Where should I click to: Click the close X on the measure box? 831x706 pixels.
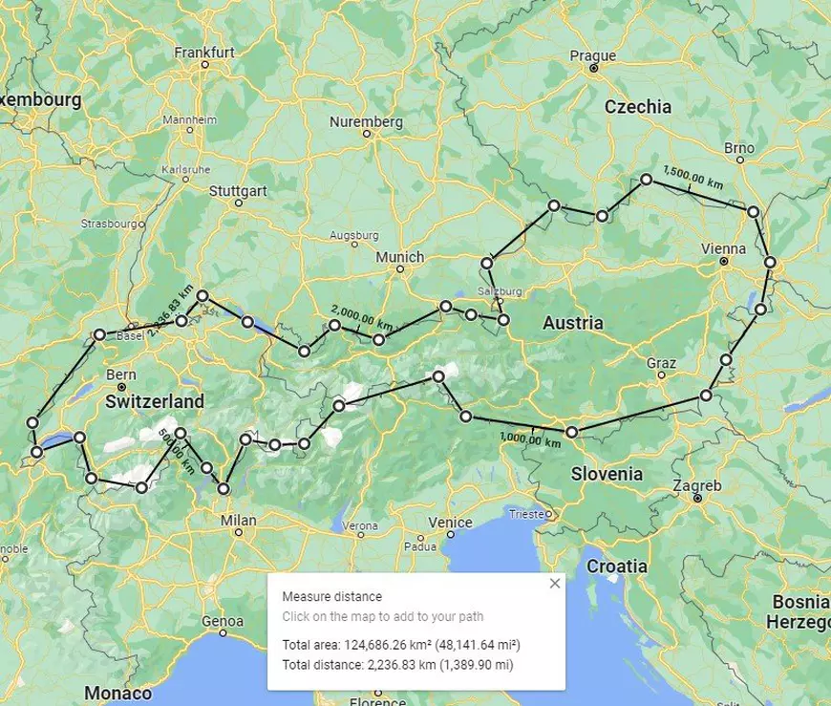[554, 583]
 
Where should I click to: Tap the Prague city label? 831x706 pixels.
[592, 55]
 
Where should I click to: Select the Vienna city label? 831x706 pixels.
[723, 248]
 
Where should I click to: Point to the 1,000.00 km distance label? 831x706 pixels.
[530, 440]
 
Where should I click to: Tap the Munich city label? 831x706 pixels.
[399, 257]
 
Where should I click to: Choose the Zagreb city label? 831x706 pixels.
[697, 485]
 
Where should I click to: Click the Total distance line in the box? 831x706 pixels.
[397, 664]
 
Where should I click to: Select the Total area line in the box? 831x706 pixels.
[401, 645]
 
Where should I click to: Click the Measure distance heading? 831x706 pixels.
[331, 597]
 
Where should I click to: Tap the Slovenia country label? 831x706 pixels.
[607, 474]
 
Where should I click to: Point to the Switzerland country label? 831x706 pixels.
[155, 402]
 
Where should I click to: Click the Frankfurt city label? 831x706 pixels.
[204, 53]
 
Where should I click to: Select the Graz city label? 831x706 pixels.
[661, 363]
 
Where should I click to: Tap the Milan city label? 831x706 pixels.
[238, 521]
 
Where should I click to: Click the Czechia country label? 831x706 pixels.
[638, 107]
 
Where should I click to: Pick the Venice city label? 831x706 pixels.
[450, 523]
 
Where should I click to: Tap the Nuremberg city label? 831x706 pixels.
[366, 122]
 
